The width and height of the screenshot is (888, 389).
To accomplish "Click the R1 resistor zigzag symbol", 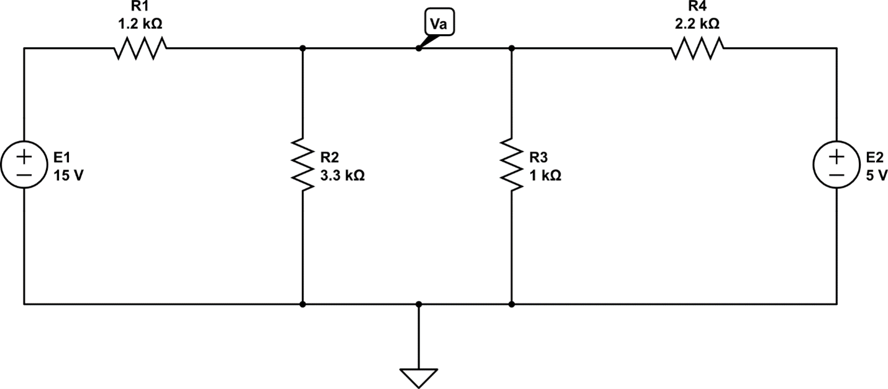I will [x=140, y=48].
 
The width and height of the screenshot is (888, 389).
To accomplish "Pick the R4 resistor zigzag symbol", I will [x=697, y=48].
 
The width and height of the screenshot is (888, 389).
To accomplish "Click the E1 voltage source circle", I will [x=24, y=165].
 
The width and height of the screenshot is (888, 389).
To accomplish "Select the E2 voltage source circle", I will [x=836, y=165].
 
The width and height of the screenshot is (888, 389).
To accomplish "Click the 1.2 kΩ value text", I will [x=140, y=24].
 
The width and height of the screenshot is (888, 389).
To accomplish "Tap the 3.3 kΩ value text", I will [x=342, y=176].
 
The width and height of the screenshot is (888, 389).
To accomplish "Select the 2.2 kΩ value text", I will [x=697, y=24].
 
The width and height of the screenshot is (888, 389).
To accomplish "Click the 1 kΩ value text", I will [x=545, y=176].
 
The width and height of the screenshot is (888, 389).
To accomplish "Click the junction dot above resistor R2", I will [x=302, y=48].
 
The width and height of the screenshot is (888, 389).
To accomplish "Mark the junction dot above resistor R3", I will [x=511, y=48].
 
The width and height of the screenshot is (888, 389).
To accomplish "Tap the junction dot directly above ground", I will [x=418, y=304].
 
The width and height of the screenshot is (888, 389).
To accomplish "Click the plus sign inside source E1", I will [x=24, y=155].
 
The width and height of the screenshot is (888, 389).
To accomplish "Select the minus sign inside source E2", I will [x=836, y=175].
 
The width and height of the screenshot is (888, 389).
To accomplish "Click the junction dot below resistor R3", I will [x=511, y=304].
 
